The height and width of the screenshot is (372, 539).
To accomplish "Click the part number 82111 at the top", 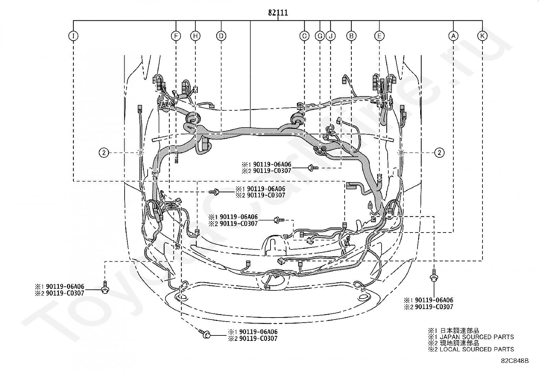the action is (278, 12).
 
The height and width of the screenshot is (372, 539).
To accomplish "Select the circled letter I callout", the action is (73, 36).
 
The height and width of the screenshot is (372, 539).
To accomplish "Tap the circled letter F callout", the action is (176, 36).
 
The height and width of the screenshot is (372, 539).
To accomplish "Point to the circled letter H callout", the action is (195, 36).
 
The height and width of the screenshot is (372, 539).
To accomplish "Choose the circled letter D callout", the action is (221, 36).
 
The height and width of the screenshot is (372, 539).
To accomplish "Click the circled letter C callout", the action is (304, 36).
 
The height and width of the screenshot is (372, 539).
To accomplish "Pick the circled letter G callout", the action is (320, 36).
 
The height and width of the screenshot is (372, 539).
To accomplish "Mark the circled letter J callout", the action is (330, 36).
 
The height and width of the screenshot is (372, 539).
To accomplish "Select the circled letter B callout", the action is (351, 36).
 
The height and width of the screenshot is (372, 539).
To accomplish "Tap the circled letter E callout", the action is (380, 36).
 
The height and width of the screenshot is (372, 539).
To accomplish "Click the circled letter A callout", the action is (453, 36).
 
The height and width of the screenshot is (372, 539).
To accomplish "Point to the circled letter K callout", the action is (482, 36).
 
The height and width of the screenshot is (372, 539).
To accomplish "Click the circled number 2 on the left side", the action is (104, 153).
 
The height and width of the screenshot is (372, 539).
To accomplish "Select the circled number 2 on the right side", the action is (439, 153).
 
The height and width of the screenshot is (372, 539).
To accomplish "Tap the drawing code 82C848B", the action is (515, 361).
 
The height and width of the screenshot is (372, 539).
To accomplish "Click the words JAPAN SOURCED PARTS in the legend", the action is (477, 337).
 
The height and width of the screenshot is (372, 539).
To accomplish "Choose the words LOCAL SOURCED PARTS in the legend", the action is (477, 349).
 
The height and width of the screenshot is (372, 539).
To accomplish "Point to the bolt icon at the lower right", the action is (433, 275).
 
